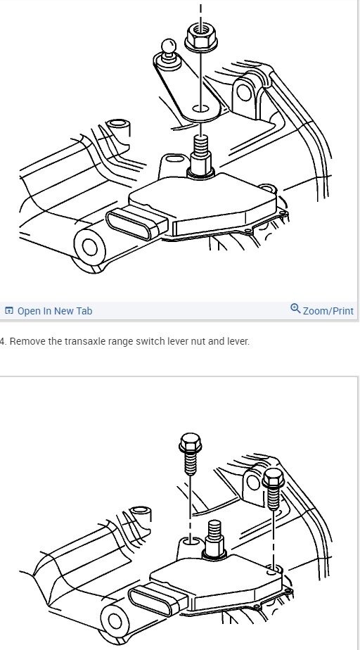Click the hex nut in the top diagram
(200, 37)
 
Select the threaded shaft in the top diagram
(200, 151)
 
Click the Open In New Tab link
(55, 310)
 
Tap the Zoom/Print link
(328, 310)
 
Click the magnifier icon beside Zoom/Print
(295, 309)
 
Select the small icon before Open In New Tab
(9, 310)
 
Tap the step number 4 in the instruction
(3, 342)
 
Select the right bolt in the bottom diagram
(274, 490)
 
